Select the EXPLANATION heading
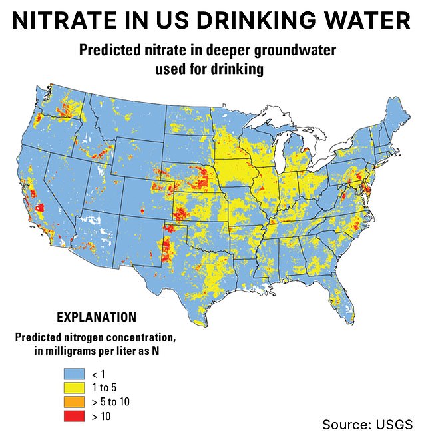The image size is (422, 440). point(97,317)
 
